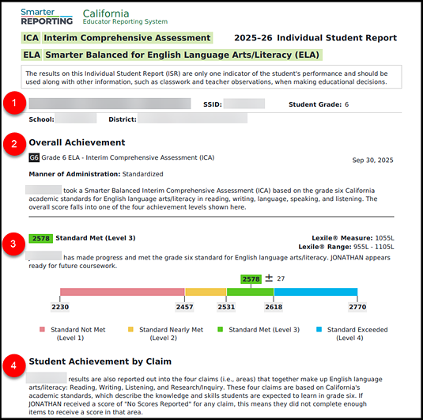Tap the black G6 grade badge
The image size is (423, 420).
tap(34, 158)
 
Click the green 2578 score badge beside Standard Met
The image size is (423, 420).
tap(40, 237)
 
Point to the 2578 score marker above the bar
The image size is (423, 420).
tap(251, 279)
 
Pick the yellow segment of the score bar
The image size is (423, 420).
tap(205, 291)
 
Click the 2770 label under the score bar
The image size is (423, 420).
tap(357, 306)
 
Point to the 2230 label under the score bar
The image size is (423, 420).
tap(60, 306)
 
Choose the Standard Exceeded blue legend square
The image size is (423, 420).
tap(319, 329)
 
